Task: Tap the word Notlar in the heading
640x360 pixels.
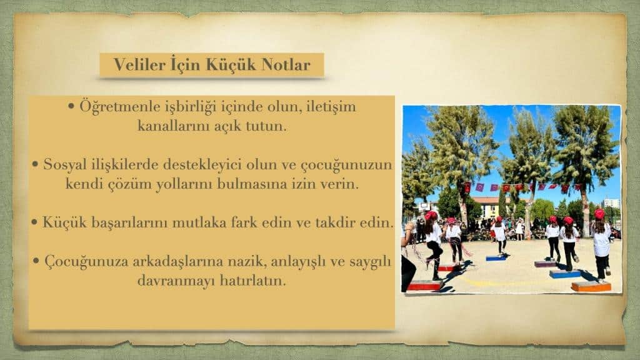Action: (285, 64)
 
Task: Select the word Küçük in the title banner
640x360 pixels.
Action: (230, 64)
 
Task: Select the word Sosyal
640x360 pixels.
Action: (65, 165)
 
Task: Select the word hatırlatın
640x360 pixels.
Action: (252, 281)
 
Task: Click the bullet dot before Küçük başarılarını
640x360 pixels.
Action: (35, 223)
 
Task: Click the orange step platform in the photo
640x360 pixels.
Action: (591, 286)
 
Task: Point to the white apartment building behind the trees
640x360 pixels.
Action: (611, 203)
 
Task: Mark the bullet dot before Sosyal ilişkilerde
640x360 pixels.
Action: (35, 164)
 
